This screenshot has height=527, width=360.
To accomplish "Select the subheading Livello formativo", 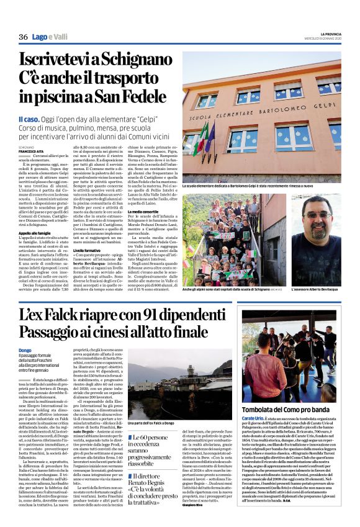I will tap(87, 250).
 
